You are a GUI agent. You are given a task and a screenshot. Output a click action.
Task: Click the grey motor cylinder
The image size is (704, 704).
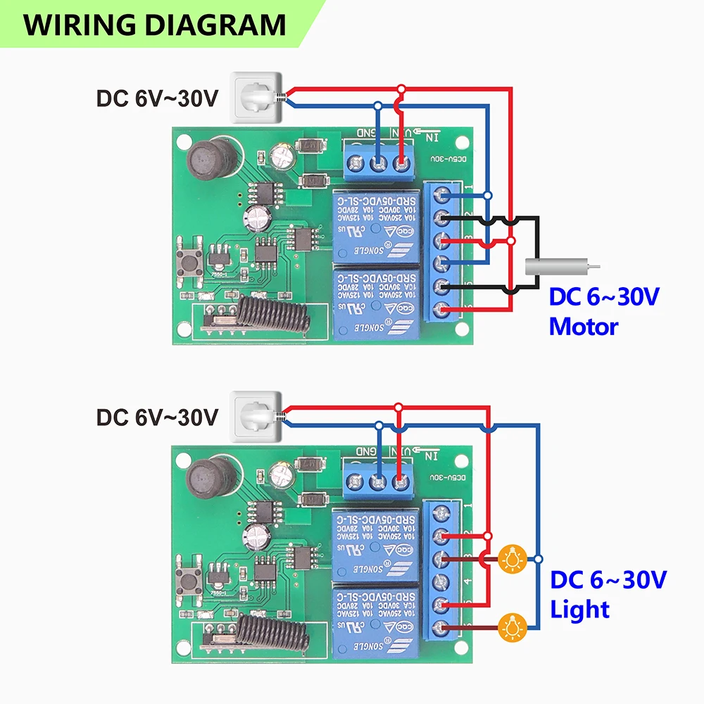click(557, 268)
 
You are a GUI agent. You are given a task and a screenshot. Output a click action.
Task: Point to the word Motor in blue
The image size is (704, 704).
click(584, 326)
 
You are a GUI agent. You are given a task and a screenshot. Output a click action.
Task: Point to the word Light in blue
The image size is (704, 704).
click(579, 608)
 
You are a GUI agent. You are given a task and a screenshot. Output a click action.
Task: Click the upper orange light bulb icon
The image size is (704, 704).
click(512, 559)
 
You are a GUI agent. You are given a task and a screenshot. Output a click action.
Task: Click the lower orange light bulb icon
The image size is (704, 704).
click(512, 625)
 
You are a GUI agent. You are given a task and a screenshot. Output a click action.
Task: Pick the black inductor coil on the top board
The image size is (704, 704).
click(207, 159)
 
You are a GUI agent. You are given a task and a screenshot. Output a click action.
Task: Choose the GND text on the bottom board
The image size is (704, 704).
click(367, 451)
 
